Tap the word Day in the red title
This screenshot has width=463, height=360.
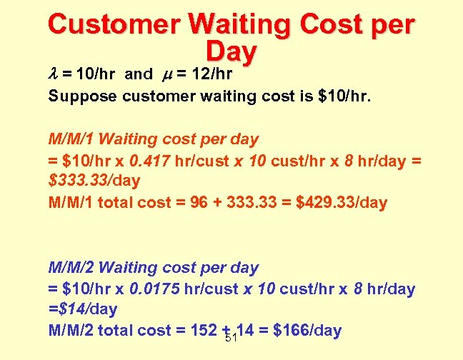coord(230,51)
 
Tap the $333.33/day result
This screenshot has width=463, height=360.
coord(94,180)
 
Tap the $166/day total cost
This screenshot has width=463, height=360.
coord(303,331)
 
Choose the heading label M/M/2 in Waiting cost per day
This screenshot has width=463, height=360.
coord(71,267)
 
